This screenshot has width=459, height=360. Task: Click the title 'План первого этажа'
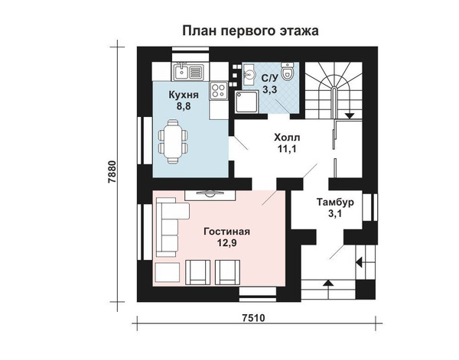(x=251, y=31)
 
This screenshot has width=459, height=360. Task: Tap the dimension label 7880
(x=112, y=172)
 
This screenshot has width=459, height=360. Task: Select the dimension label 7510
(x=253, y=318)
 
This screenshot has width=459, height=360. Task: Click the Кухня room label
(x=184, y=95)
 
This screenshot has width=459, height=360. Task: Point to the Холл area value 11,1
(x=287, y=149)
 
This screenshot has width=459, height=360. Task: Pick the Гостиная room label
(x=227, y=232)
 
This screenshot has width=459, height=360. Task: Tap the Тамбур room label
(x=335, y=202)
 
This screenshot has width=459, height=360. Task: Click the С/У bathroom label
(x=269, y=79)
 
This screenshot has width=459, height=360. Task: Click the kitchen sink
(x=188, y=72)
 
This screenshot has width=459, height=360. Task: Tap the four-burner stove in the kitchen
(x=218, y=91)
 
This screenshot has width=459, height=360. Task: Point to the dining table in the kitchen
(x=173, y=141)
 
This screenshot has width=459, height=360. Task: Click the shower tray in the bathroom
(x=247, y=102)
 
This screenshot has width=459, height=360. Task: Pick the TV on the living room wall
(x=210, y=193)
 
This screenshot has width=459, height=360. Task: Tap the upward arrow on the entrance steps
(x=328, y=289)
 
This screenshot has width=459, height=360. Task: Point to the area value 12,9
(x=227, y=243)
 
